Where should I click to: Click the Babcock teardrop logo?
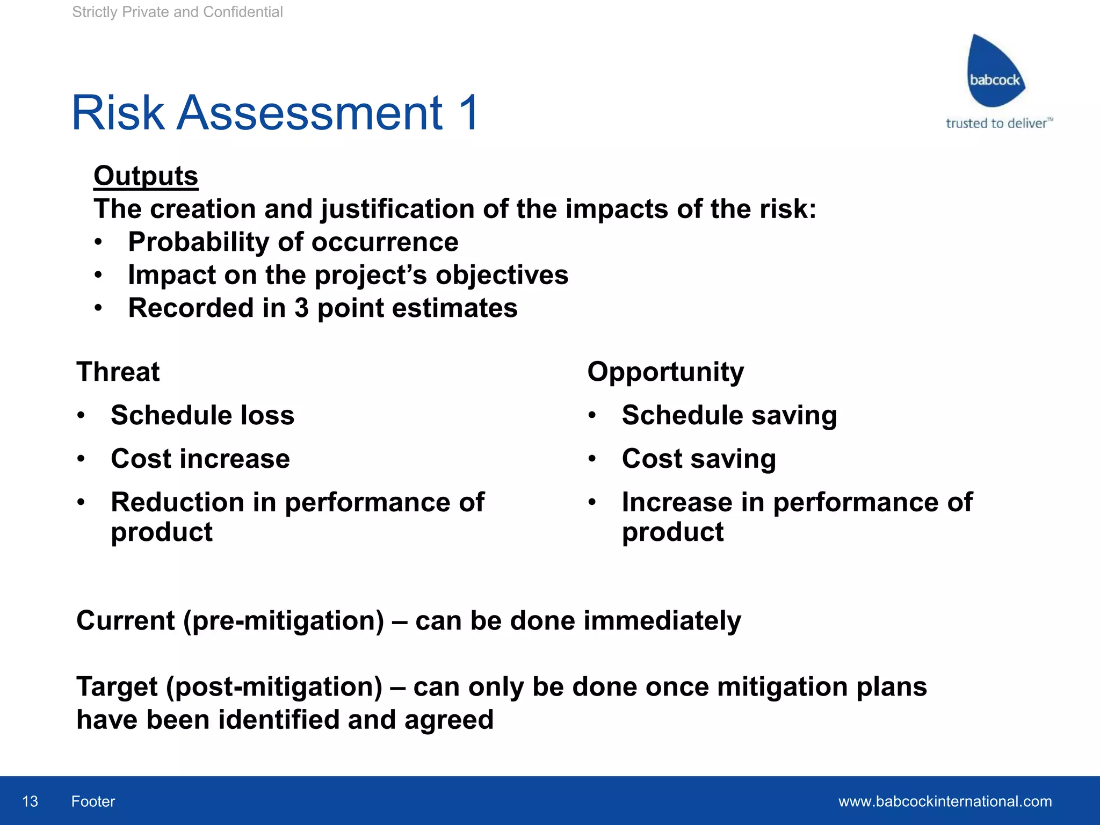point(995,73)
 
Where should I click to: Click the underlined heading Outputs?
point(146,176)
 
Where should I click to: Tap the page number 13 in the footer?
point(30,801)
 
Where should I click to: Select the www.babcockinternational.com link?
point(945,801)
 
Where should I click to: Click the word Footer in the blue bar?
point(93,801)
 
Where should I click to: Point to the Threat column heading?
point(118,372)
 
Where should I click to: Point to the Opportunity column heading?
point(665,372)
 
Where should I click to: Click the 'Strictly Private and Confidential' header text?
point(177,12)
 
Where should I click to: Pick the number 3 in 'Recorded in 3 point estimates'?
point(301,308)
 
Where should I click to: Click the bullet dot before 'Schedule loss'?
point(81,415)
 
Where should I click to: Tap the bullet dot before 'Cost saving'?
point(592,459)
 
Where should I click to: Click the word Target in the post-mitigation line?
point(117,686)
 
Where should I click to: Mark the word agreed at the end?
point(448,720)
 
